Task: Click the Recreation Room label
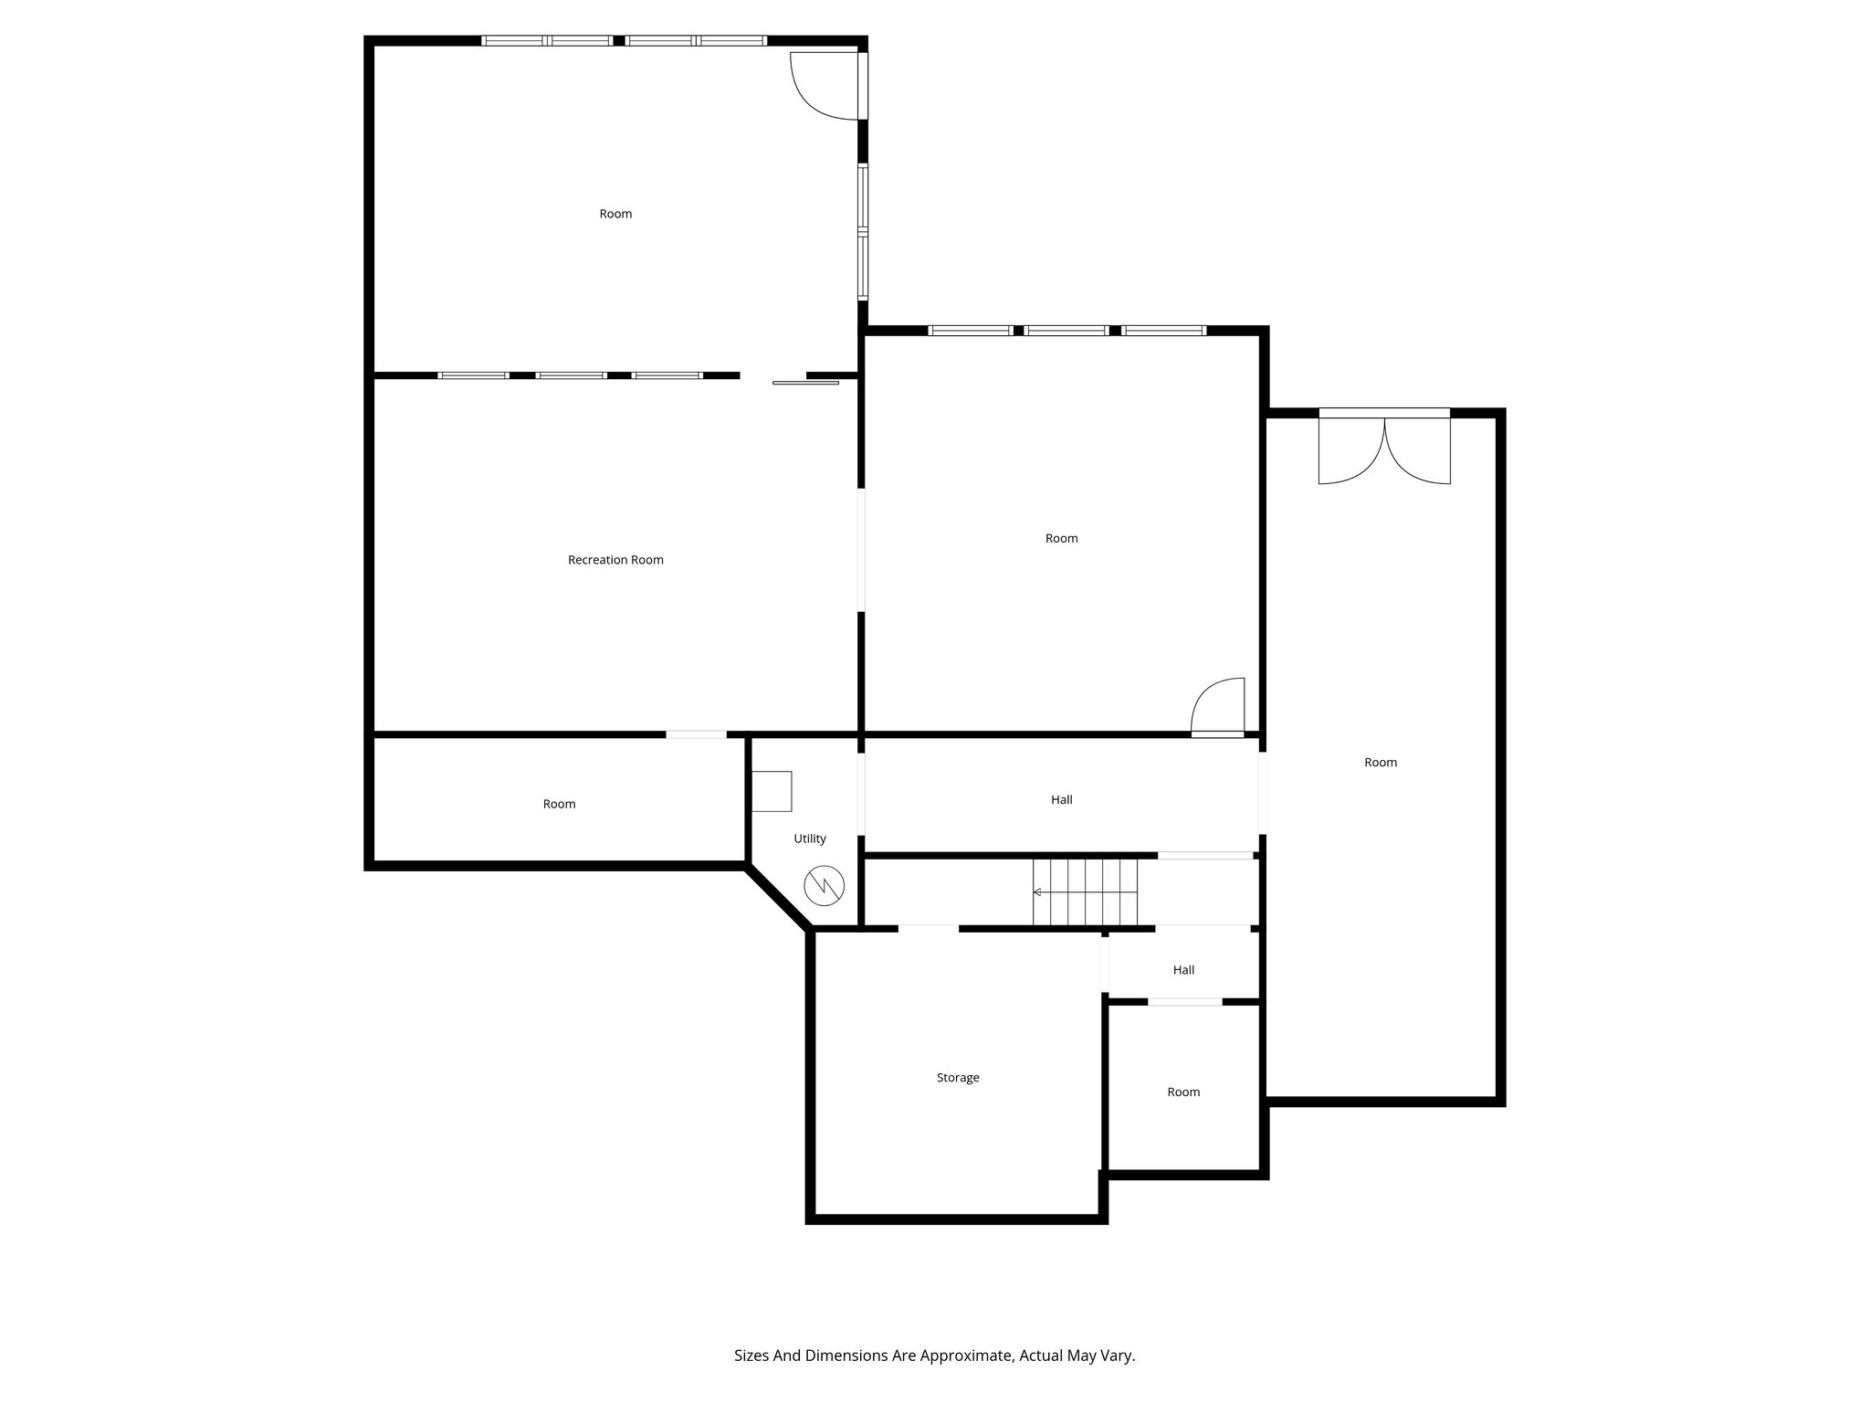[x=615, y=560]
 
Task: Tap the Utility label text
[x=809, y=839]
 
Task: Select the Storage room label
[x=957, y=1078]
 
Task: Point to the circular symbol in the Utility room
[x=824, y=885]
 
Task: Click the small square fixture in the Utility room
[x=772, y=791]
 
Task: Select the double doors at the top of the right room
[x=1384, y=449]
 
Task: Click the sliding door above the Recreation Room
[x=804, y=383]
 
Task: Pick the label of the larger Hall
[x=1061, y=800]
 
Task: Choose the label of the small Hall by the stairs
[x=1183, y=970]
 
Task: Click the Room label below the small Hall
[x=1183, y=1092]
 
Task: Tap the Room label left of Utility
[x=559, y=805]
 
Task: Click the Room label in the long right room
[x=1380, y=763]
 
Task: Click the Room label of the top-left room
[x=615, y=214]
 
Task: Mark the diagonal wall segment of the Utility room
[x=778, y=900]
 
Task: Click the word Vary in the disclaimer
[x=1119, y=1356]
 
